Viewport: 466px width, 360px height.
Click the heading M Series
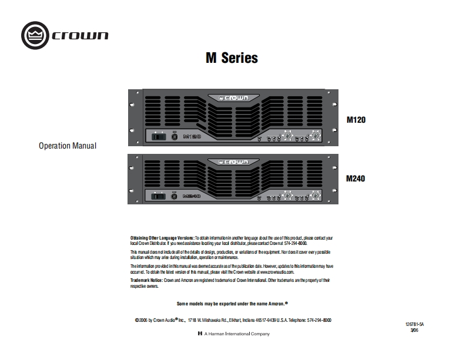[x=232, y=58]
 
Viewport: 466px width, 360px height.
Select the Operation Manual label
[x=68, y=145]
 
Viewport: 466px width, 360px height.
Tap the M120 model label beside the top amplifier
[x=356, y=120]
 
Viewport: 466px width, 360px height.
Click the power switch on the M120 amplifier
[x=157, y=137]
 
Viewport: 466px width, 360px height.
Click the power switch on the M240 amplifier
[x=157, y=196]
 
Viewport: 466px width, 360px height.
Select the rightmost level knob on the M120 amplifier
[x=316, y=136]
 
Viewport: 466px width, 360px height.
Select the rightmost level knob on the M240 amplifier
[x=316, y=195]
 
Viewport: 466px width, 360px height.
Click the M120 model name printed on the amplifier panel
[x=193, y=137]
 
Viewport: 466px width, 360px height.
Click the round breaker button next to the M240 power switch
[x=175, y=196]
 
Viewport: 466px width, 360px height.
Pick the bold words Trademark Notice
[x=147, y=281]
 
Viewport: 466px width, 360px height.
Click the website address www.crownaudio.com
[x=273, y=272]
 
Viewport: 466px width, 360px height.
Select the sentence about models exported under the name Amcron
[x=233, y=304]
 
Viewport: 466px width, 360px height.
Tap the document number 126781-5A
[x=414, y=324]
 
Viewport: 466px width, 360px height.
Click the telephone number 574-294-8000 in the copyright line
[x=317, y=320]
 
